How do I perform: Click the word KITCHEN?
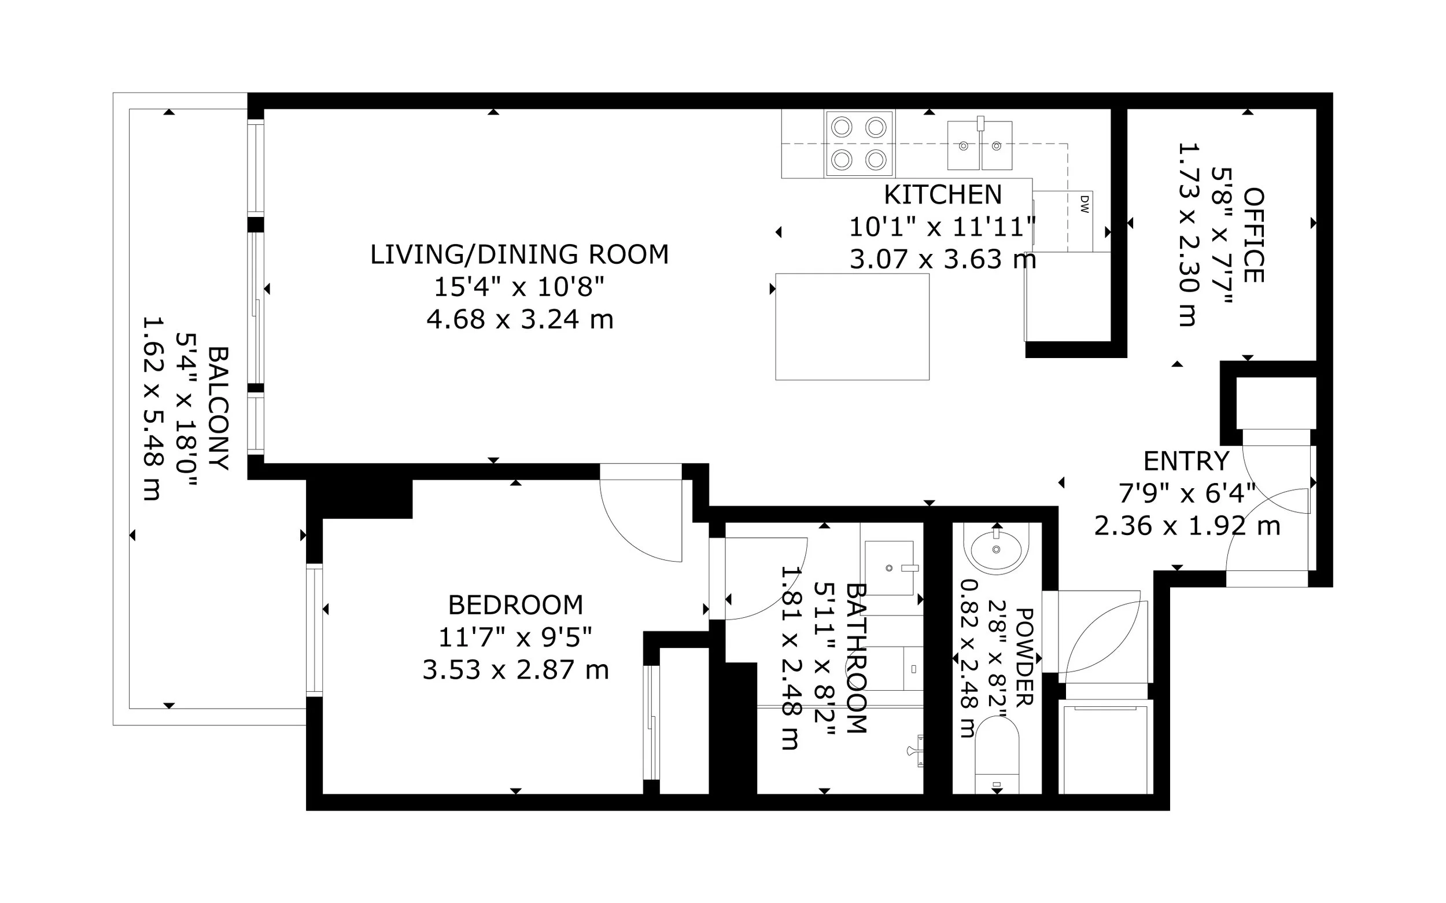(x=943, y=195)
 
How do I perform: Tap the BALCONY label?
(x=218, y=408)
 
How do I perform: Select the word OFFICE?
(x=1253, y=235)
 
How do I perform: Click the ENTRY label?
(x=1186, y=461)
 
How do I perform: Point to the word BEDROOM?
(x=516, y=605)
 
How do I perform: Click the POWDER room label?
(x=1024, y=658)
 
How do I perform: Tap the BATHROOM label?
(x=855, y=658)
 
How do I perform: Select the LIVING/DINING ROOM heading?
(x=519, y=255)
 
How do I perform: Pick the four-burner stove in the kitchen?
(x=859, y=144)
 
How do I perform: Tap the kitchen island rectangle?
(x=852, y=327)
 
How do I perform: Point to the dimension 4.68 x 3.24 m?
(x=519, y=319)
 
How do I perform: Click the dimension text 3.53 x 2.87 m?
(x=516, y=670)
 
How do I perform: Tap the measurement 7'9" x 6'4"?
(x=1186, y=493)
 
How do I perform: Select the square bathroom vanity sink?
(x=889, y=568)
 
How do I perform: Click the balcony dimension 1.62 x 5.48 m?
(x=152, y=408)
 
